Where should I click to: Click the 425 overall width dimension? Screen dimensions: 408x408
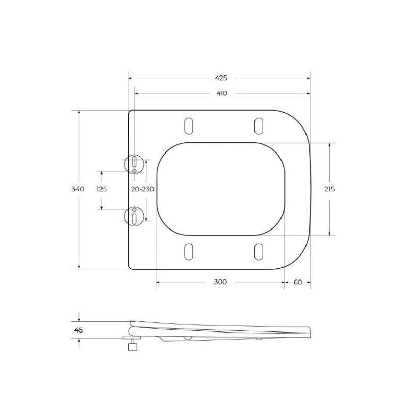[220, 78]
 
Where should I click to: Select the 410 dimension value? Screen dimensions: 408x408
[221, 93]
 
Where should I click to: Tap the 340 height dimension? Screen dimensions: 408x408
[78, 189]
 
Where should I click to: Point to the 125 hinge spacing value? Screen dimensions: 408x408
[101, 189]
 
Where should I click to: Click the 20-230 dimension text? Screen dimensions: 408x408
[142, 189]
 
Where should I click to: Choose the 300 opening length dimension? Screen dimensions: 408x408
[220, 282]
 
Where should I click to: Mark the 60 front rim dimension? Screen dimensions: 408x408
[298, 282]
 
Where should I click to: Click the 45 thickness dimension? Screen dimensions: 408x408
[79, 330]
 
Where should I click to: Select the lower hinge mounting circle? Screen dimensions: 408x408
[134, 215]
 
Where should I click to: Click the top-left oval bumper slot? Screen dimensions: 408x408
[188, 125]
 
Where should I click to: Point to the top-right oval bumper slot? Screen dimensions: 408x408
[259, 125]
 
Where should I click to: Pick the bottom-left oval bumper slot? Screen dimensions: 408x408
[188, 251]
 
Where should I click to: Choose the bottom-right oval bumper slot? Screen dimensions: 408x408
[259, 251]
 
